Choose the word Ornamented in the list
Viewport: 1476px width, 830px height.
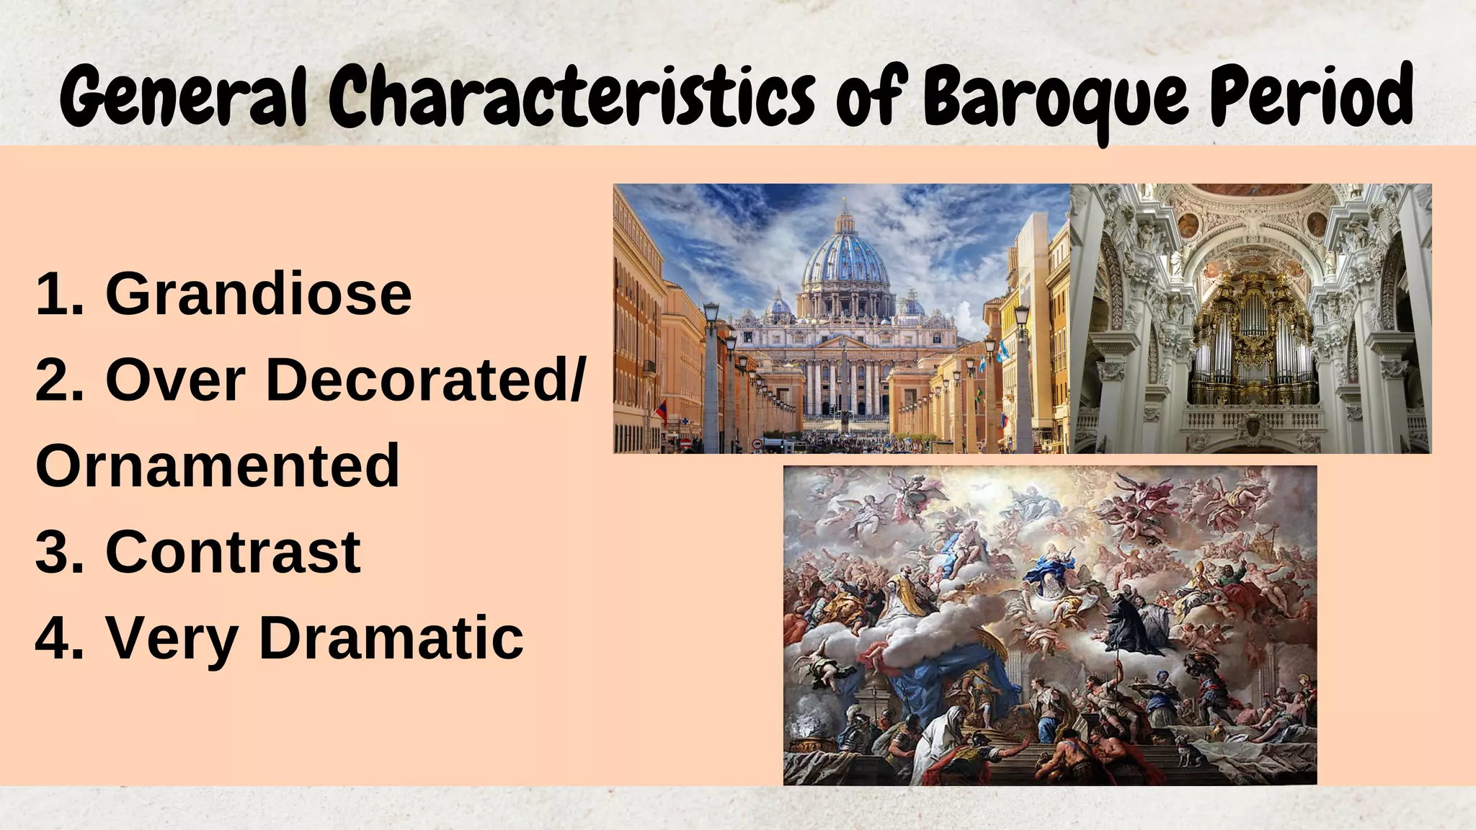[x=217, y=465]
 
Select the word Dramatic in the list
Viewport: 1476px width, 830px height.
[x=391, y=638]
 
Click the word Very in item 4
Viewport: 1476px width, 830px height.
[x=172, y=638]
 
